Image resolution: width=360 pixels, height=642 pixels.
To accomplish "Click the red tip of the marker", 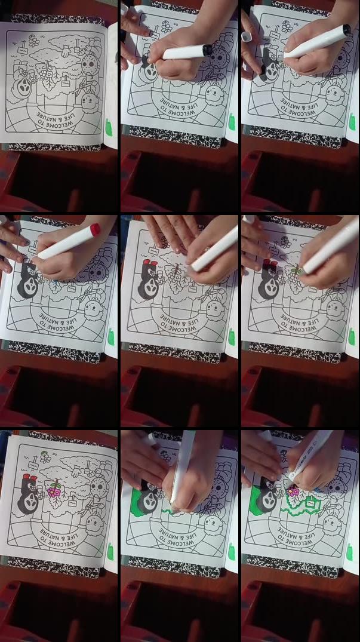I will [94, 229].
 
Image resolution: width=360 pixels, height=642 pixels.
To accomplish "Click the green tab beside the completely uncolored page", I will [109, 127].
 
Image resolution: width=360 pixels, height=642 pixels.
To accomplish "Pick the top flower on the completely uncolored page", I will [33, 42].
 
